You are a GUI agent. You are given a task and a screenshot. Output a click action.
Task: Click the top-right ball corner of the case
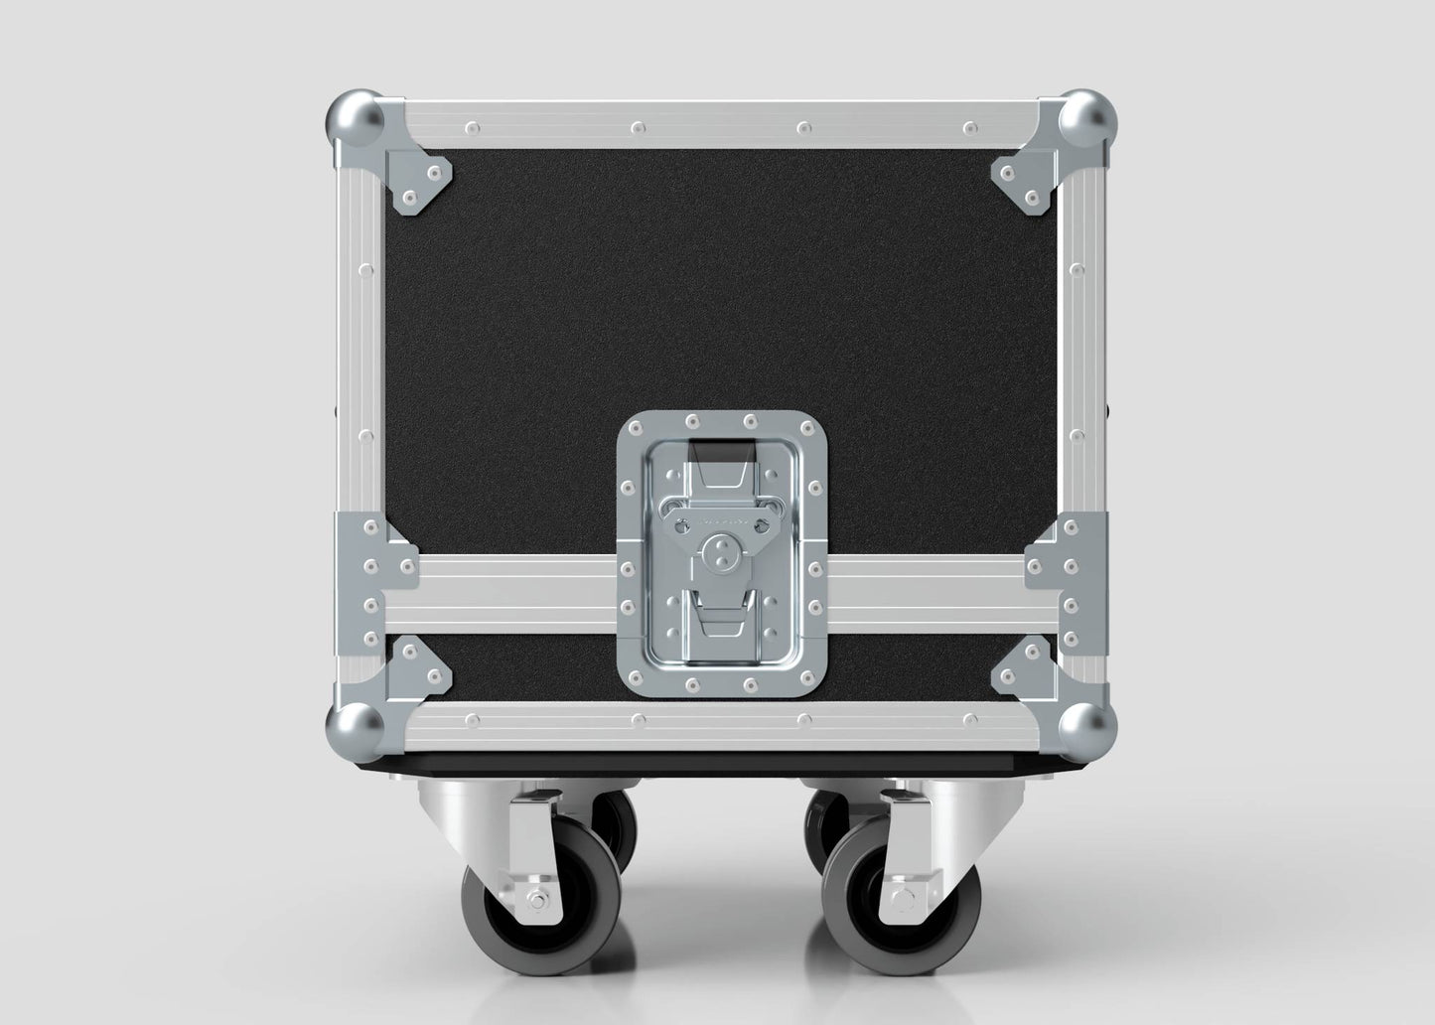tap(1086, 121)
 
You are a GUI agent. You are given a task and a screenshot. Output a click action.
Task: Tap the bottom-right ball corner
tap(1086, 730)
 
